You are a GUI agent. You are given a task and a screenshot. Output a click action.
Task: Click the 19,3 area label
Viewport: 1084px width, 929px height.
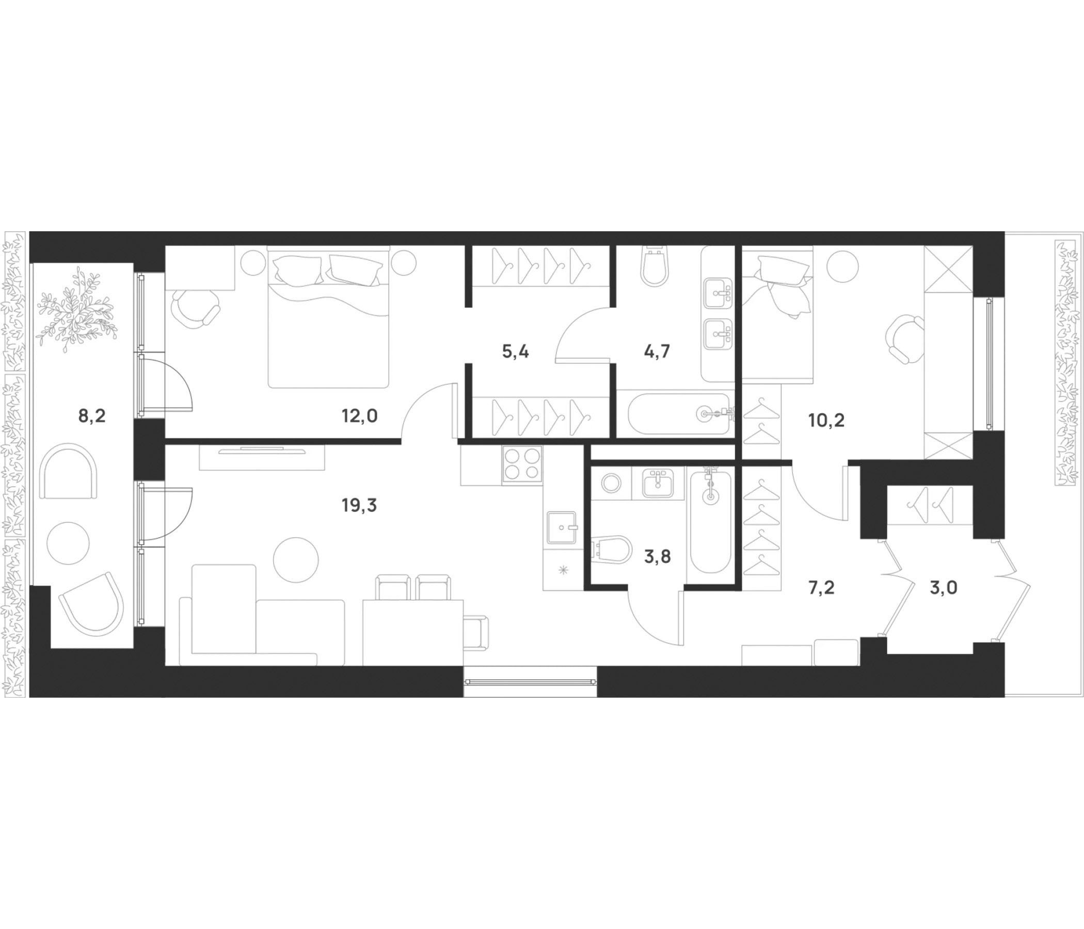(x=359, y=505)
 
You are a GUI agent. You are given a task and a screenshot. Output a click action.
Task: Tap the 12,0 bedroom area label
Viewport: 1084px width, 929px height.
(x=359, y=417)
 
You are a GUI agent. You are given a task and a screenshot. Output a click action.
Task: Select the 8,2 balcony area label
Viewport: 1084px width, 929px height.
(x=92, y=417)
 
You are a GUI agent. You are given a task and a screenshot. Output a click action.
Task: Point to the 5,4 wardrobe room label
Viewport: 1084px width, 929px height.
(x=515, y=351)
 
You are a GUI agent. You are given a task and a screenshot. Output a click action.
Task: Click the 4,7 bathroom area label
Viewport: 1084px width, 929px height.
(x=657, y=351)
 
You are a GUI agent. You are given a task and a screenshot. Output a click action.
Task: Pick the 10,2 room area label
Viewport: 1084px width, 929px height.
(x=826, y=420)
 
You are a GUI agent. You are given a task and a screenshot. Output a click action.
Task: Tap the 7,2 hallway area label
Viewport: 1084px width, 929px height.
(x=821, y=588)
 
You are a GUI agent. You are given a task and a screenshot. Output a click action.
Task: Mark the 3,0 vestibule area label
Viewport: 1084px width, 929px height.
(x=944, y=588)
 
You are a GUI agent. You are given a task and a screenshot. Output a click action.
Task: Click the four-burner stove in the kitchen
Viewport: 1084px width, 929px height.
(x=521, y=464)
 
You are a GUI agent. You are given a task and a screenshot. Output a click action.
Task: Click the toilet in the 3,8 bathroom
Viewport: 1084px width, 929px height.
(x=613, y=549)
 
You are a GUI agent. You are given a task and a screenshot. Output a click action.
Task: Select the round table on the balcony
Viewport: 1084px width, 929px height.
(x=69, y=543)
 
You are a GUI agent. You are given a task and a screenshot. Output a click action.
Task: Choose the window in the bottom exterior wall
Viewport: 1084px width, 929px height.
(x=530, y=682)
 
